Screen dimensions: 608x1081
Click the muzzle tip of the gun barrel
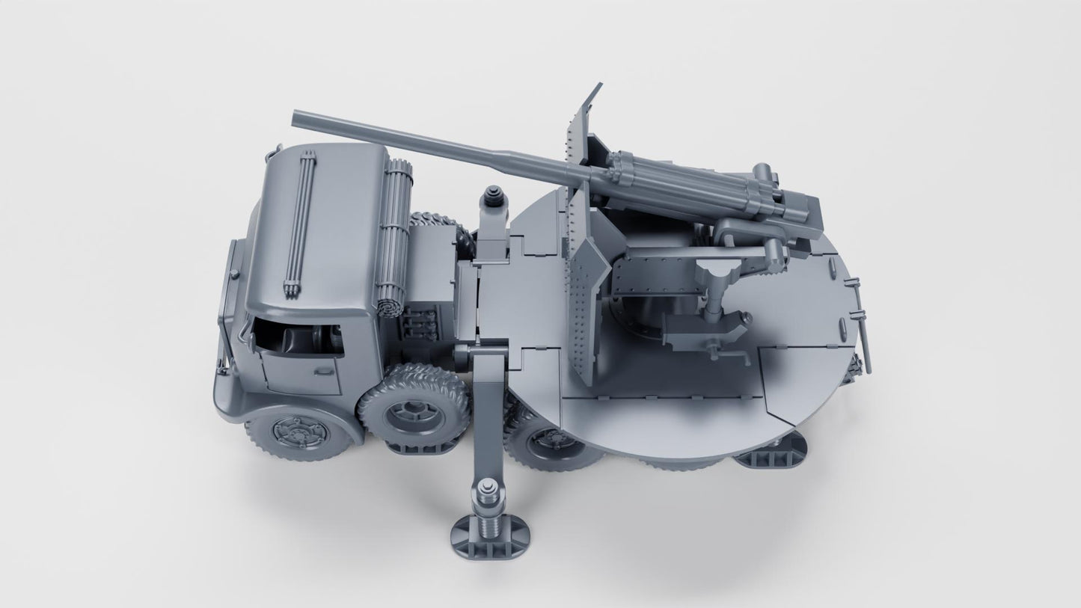pyautogui.click(x=296, y=117)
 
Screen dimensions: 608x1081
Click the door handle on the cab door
pyautogui.click(x=323, y=370)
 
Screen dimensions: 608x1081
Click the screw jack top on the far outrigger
pyautogui.click(x=494, y=197)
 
